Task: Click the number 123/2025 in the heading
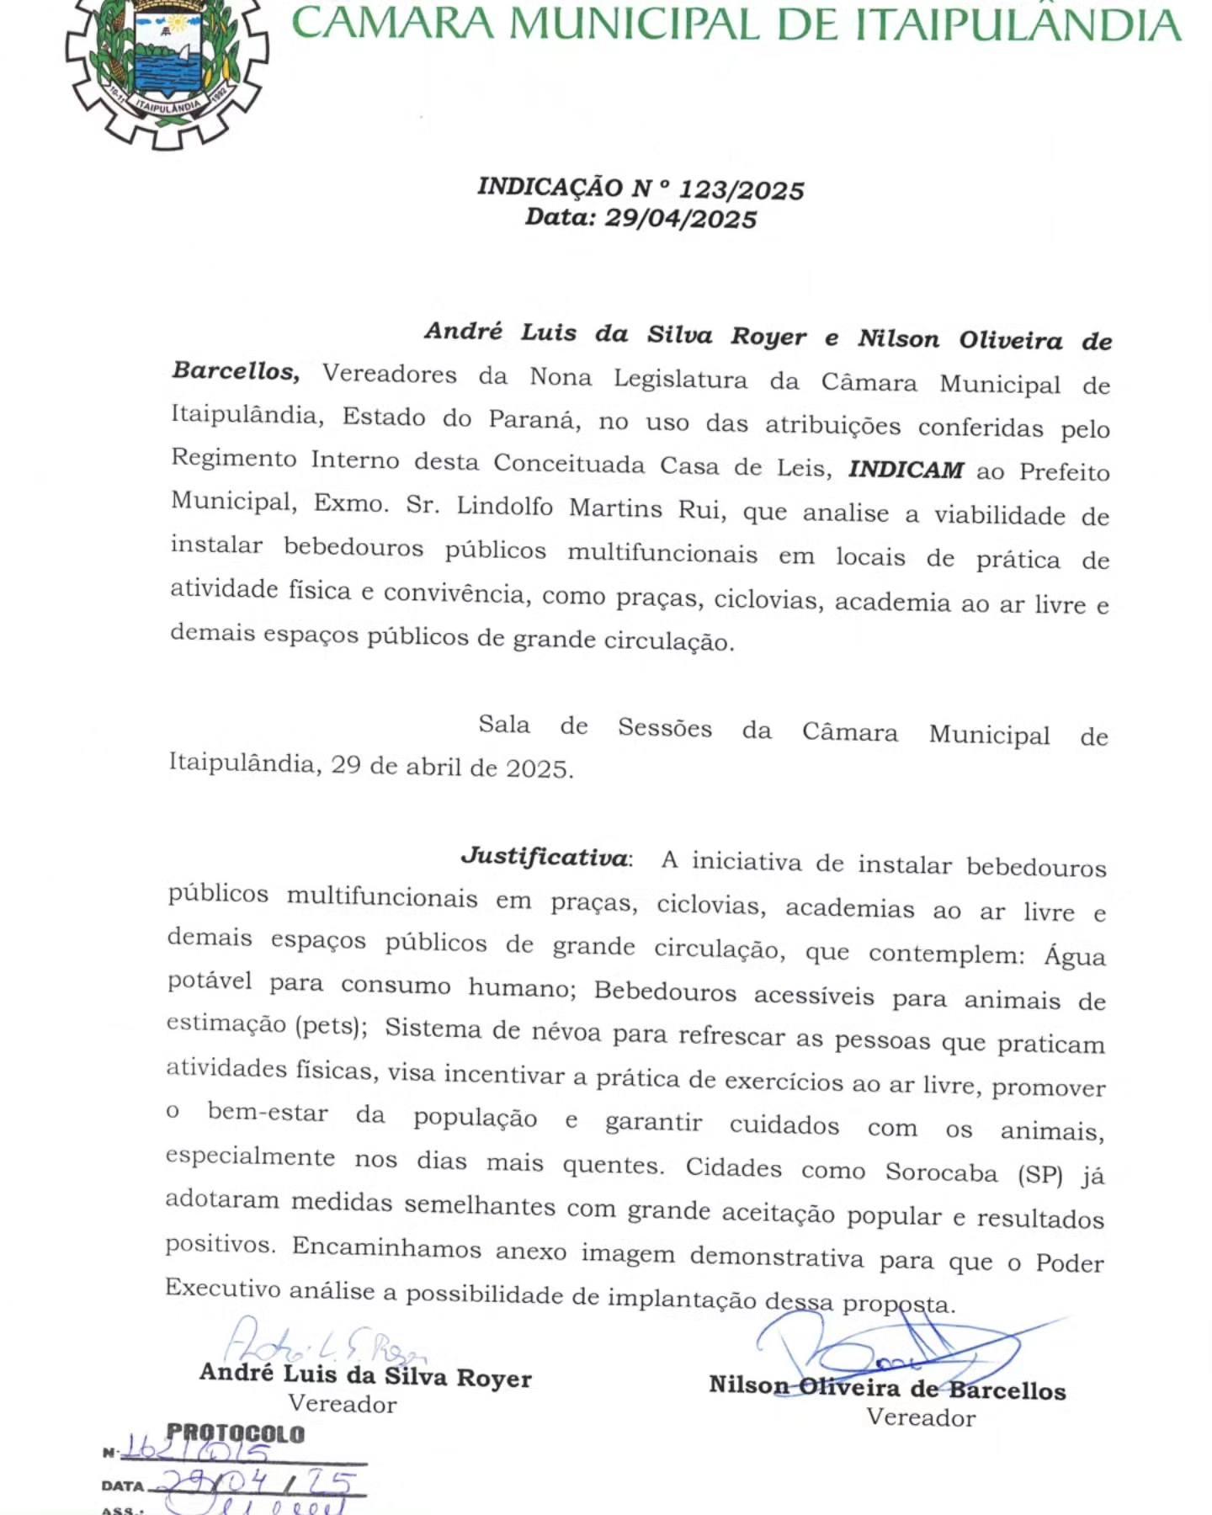pyautogui.click(x=742, y=190)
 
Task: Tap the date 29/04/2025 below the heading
pyautogui.click(x=681, y=219)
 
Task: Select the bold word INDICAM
pyautogui.click(x=906, y=470)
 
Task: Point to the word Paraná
pyautogui.click(x=534, y=419)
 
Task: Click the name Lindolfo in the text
pyautogui.click(x=504, y=507)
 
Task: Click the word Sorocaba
pyautogui.click(x=941, y=1172)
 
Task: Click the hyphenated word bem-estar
pyautogui.click(x=268, y=1113)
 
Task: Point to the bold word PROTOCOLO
pyautogui.click(x=236, y=1433)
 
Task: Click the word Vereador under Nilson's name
pyautogui.click(x=921, y=1417)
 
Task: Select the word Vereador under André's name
pyautogui.click(x=342, y=1404)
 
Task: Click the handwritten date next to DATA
pyautogui.click(x=257, y=1483)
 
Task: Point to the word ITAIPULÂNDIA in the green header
pyautogui.click(x=1018, y=25)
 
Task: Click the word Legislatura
pyautogui.click(x=680, y=379)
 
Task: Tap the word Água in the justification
pyautogui.click(x=1075, y=957)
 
